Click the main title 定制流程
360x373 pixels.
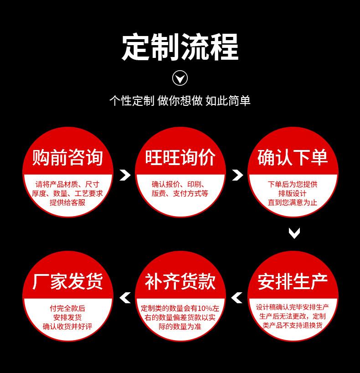point(180,47)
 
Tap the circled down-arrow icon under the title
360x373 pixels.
point(180,78)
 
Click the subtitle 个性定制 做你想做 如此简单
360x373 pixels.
point(180,100)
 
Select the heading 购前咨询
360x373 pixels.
point(67,157)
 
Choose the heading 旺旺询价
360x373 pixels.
point(180,157)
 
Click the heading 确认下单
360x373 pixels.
point(293,157)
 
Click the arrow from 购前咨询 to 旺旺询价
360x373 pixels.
point(125,175)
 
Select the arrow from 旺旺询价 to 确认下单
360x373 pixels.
point(237,175)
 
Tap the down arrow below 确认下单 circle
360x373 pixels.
point(294,233)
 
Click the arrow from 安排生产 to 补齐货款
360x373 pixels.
point(237,298)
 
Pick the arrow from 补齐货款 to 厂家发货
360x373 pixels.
point(124,298)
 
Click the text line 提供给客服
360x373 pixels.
point(67,202)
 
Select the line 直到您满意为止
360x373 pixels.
point(293,202)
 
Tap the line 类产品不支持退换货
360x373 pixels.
point(293,325)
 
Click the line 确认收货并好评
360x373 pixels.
point(67,326)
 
